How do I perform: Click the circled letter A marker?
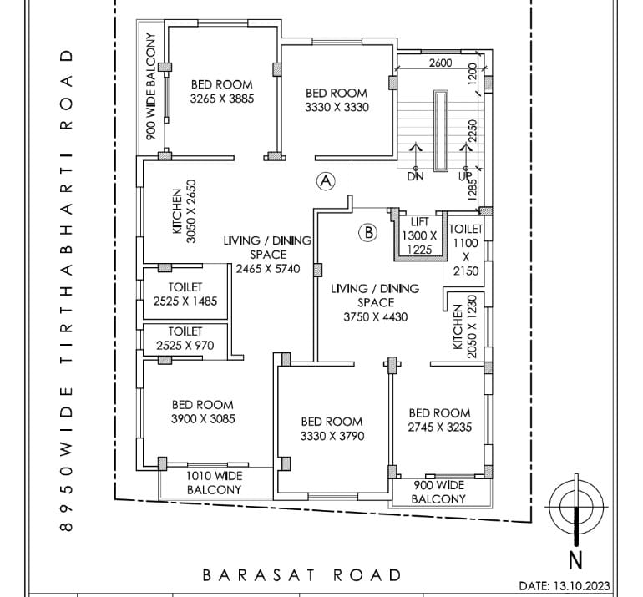[x=326, y=180]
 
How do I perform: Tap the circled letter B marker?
[x=367, y=233]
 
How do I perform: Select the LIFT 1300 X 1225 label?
[x=419, y=235]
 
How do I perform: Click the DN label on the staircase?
[x=415, y=176]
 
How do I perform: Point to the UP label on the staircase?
[x=464, y=176]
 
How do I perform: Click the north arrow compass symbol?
[x=575, y=504]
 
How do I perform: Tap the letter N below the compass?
[x=575, y=559]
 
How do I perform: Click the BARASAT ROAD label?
[x=302, y=574]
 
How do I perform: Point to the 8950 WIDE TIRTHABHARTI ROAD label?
[x=67, y=291]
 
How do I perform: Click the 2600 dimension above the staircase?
[x=440, y=63]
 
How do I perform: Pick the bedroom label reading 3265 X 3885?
[x=222, y=91]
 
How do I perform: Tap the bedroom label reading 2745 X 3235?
[x=439, y=419]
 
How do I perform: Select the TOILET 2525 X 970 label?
[x=185, y=337]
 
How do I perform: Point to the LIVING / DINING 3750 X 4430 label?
[x=375, y=302]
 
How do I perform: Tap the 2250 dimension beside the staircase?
[x=472, y=133]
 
